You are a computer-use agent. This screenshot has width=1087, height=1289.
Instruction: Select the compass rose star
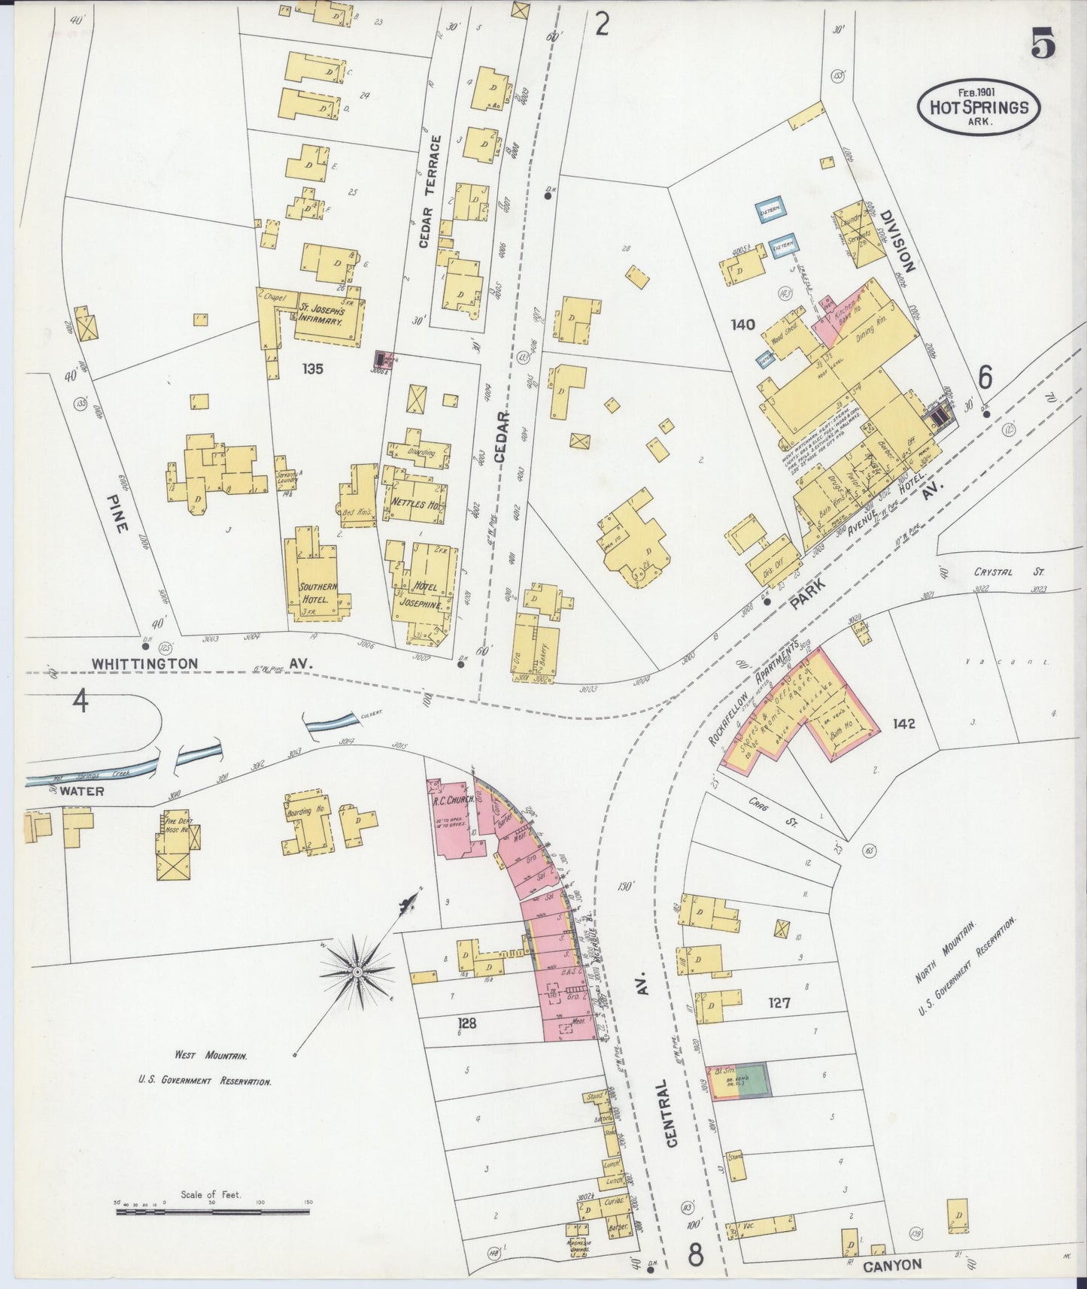358,972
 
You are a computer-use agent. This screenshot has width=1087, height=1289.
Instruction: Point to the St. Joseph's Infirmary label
320,314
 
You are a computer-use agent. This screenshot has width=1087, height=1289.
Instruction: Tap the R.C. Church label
452,800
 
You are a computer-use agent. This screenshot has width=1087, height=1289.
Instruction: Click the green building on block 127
748,1081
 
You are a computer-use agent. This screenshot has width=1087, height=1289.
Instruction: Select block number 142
903,723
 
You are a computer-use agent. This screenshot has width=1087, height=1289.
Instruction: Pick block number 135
312,369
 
